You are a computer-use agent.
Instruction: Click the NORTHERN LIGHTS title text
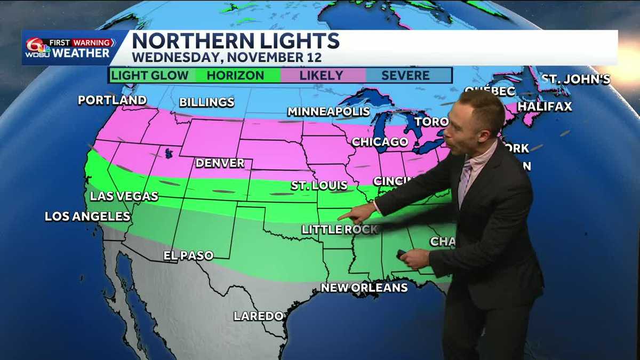click(x=235, y=41)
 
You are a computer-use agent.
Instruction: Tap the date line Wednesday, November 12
click(x=227, y=57)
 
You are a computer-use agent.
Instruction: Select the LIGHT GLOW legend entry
click(x=150, y=75)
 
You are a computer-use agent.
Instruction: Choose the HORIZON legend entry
click(x=235, y=75)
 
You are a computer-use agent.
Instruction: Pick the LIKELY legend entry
click(x=321, y=75)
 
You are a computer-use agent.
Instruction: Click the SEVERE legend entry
click(x=405, y=75)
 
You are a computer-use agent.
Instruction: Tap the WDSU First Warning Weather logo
click(x=68, y=48)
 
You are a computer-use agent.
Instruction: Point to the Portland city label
click(x=112, y=100)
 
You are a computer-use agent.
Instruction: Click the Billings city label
click(x=206, y=102)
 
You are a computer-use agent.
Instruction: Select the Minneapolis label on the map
click(x=329, y=111)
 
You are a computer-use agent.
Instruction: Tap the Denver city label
click(x=220, y=163)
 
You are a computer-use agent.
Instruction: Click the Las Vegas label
click(x=124, y=196)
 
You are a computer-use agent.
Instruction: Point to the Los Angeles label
click(x=87, y=216)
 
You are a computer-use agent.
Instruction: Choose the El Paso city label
click(x=188, y=255)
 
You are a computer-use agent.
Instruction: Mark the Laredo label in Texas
click(x=259, y=316)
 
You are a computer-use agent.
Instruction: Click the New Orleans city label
click(x=364, y=287)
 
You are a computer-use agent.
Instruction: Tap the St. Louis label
click(x=319, y=186)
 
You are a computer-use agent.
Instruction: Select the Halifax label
click(x=545, y=106)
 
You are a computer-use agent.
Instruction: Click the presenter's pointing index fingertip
click(x=340, y=217)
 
